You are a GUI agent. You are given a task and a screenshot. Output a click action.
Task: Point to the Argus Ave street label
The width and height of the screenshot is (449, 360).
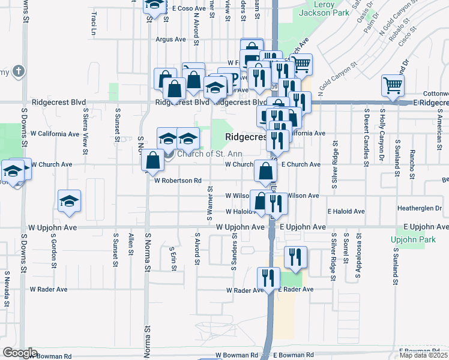coord(171,40)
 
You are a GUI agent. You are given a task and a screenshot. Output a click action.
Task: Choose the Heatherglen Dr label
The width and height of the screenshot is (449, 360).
coord(419,208)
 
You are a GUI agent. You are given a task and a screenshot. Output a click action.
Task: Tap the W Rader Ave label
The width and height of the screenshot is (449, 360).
coord(245,290)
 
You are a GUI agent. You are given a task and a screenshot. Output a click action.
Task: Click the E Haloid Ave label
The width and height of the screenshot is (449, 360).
coord(346,212)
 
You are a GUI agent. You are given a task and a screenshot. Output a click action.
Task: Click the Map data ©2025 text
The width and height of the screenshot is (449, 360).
coord(424,355)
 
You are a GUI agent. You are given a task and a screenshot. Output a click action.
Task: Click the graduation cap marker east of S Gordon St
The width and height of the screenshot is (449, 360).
coord(70,200)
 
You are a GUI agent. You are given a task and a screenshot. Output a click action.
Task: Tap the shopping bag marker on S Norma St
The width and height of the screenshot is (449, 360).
coord(153,160)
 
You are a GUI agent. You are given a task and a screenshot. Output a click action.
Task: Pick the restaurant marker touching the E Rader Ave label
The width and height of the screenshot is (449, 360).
coord(268,277)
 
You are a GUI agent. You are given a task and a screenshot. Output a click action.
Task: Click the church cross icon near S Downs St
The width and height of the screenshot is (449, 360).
coord(18,71)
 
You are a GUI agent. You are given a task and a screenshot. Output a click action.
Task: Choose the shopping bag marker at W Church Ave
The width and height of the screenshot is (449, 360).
coord(265,171)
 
